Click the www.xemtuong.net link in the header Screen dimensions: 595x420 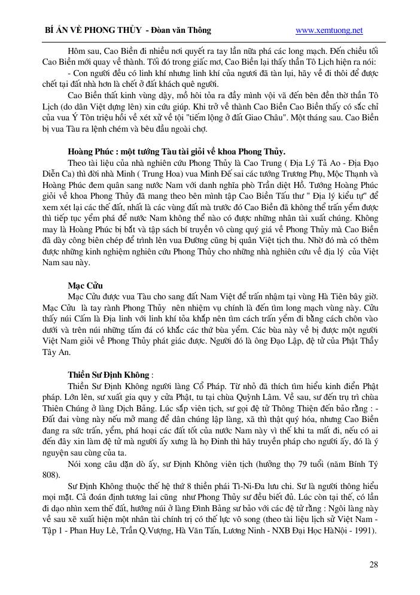click(329, 31)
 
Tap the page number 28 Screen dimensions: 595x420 click(373, 564)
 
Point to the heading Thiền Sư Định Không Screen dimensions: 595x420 click(109, 374)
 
